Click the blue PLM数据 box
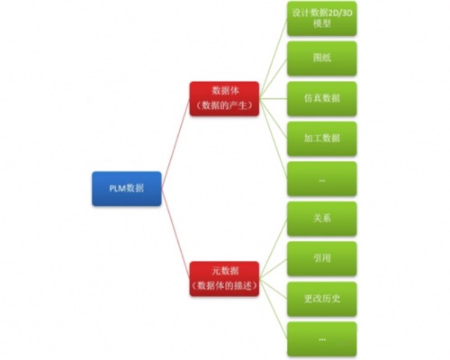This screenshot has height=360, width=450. [x=127, y=188]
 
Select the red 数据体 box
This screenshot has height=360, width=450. [x=224, y=98]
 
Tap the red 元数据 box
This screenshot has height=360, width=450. [x=224, y=279]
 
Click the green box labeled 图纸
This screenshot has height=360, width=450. [x=322, y=58]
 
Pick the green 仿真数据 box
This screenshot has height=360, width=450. [x=322, y=98]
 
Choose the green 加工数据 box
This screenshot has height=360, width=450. [x=322, y=139]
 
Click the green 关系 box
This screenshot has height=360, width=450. [x=322, y=219]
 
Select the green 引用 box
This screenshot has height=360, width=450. [x=322, y=258]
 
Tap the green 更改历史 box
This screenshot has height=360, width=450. [x=322, y=299]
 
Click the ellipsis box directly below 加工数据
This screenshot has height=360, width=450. [x=322, y=179]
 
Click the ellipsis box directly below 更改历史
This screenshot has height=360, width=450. [x=322, y=339]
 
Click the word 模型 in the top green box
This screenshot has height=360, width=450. [x=322, y=23]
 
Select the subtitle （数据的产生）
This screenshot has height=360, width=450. [x=224, y=105]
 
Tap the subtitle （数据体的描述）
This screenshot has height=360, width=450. [x=224, y=285]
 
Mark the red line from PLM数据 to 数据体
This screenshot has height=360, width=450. [x=175, y=144]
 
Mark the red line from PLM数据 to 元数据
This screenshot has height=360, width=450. [x=175, y=234]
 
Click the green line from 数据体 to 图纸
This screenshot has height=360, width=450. [x=273, y=78]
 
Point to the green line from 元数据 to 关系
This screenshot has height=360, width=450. [x=273, y=248]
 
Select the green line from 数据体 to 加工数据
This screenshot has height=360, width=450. [x=273, y=119]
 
